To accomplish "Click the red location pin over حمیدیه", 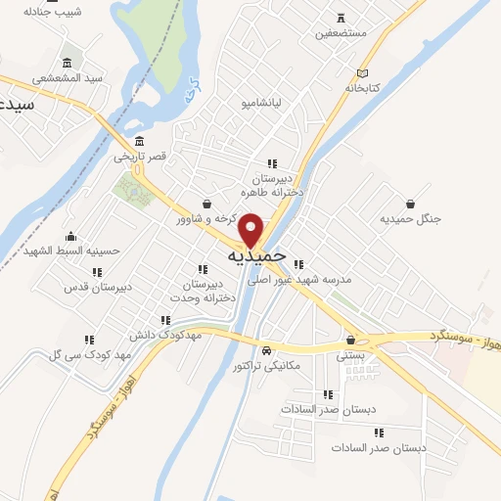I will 252,228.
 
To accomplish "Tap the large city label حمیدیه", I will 256,255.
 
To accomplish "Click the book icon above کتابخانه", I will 364,73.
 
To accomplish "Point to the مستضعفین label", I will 340,32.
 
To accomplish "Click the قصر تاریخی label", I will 140,156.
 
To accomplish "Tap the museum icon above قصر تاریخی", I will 141,140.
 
